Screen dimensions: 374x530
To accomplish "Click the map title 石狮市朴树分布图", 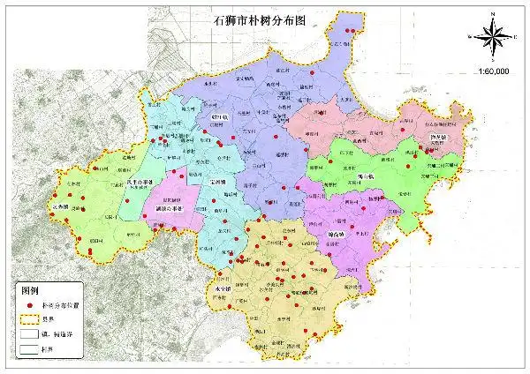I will tap(264, 18).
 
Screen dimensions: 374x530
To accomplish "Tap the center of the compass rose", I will tap(495, 36).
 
